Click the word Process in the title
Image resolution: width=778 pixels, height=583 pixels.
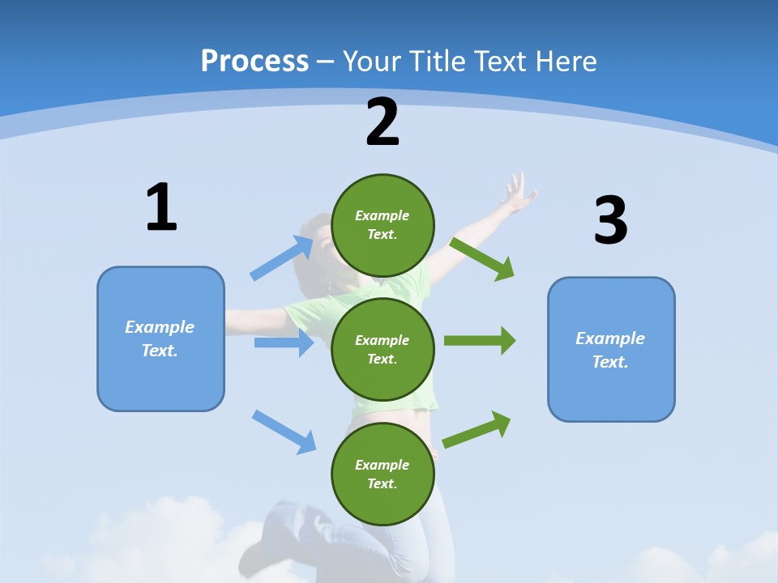pos(254,62)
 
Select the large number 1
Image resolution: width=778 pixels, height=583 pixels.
pos(161,208)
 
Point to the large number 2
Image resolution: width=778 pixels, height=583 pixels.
pos(383,122)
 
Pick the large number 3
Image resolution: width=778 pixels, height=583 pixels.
pos(610,221)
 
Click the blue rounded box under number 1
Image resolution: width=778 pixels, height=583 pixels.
pos(160,338)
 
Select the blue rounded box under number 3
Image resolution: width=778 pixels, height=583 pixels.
pos(611,349)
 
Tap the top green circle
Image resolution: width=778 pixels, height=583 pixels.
pos(383,225)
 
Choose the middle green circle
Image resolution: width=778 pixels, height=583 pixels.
pos(383,349)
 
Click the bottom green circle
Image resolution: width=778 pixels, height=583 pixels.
pos(383,474)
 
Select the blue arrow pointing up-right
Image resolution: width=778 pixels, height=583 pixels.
pos(282,258)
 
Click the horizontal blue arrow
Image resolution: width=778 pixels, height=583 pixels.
pos(284,343)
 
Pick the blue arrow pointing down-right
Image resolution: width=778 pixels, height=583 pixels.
pos(284,432)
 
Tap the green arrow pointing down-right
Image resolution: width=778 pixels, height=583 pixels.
pos(482,258)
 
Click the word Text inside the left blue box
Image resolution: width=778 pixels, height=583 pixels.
pos(160,351)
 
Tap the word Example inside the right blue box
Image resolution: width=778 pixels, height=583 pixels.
pos(610,338)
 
